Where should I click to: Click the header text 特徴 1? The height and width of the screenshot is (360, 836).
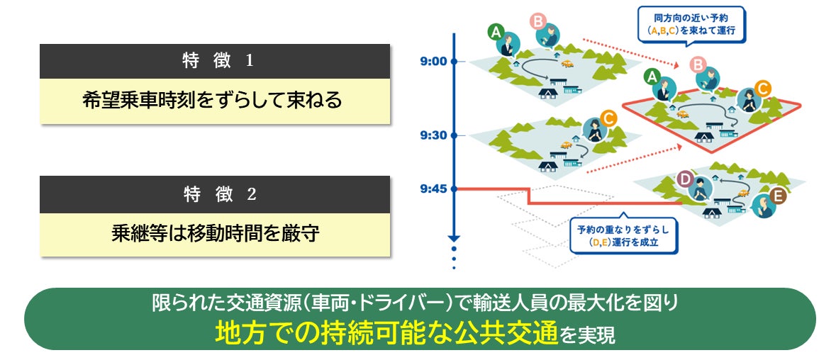pyautogui.click(x=214, y=61)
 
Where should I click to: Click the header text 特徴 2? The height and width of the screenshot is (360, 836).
pyautogui.click(x=214, y=195)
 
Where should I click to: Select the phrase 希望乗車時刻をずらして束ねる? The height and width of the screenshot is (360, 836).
pyautogui.click(x=214, y=101)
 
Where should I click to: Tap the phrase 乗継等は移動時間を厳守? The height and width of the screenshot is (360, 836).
pyautogui.click(x=214, y=233)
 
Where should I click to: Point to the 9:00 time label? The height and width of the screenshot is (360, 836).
pyautogui.click(x=433, y=61)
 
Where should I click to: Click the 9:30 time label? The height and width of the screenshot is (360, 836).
pyautogui.click(x=433, y=135)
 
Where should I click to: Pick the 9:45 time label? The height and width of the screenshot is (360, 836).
pyautogui.click(x=433, y=189)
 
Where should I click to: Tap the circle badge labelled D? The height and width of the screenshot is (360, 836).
pyautogui.click(x=685, y=179)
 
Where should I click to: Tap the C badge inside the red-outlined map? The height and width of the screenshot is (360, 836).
pyautogui.click(x=763, y=89)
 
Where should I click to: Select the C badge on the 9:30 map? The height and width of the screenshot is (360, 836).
pyautogui.click(x=607, y=117)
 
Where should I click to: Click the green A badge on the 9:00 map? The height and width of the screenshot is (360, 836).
pyautogui.click(x=496, y=31)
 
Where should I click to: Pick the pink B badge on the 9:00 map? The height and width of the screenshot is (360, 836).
pyautogui.click(x=537, y=21)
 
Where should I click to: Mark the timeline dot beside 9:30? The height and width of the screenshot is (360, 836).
pyautogui.click(x=455, y=135)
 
